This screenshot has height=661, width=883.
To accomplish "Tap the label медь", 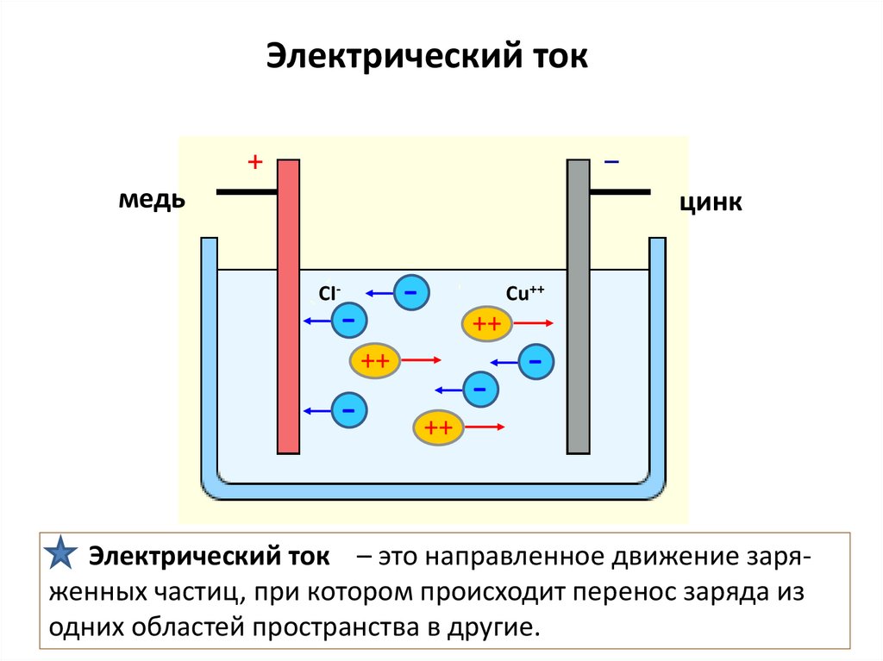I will point(151,200).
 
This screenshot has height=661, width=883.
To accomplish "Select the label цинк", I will point(711,203).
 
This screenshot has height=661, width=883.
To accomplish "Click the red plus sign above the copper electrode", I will point(254,161).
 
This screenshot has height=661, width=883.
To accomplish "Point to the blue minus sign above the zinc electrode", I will point(611,161).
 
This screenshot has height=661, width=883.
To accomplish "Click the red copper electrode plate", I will point(288,306).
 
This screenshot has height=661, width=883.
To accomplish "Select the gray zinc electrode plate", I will point(578,306).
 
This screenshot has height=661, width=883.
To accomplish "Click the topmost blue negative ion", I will point(411,293).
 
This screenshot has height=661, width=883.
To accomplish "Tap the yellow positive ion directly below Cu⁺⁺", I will point(487,323).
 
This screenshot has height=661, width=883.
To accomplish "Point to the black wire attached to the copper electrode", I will point(246,192).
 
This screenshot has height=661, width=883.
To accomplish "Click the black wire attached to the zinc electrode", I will point(620,191).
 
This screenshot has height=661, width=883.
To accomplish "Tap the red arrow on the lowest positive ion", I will point(485,427).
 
